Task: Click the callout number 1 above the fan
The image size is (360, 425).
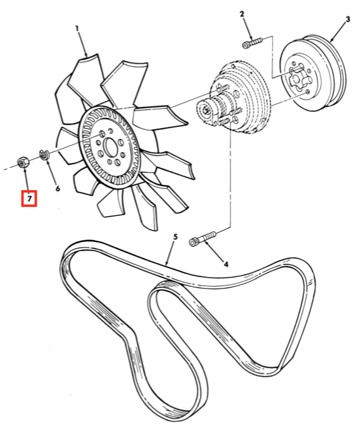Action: point(77,28)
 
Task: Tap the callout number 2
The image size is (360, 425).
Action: point(242,14)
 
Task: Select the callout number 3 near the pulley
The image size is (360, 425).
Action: point(348,19)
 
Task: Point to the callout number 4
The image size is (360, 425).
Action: point(226,264)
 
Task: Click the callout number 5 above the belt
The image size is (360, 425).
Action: point(175,237)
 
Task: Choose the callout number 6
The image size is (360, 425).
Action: point(58,188)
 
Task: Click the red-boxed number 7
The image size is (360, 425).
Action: point(29,199)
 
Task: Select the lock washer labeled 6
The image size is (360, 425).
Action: point(43,155)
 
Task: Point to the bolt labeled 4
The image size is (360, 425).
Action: point(203,238)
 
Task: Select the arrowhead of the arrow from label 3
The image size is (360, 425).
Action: point(332,40)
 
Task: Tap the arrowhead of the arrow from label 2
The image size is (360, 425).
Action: point(251,38)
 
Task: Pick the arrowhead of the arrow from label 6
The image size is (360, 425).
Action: point(47,162)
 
